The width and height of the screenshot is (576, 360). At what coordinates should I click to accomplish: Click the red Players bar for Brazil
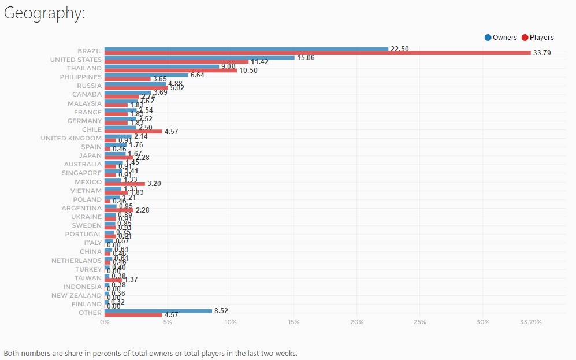coord(317,53)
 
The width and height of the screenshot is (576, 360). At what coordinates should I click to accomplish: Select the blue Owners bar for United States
coord(199,58)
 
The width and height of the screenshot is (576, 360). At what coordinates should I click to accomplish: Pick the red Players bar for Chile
coord(133,132)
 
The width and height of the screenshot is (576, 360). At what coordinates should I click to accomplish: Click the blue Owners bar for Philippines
coord(146,75)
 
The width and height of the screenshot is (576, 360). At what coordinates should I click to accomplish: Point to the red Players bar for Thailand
coord(170,70)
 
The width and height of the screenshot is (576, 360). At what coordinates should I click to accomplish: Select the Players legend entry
coord(537,38)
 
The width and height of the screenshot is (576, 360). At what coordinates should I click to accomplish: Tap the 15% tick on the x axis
coord(293,322)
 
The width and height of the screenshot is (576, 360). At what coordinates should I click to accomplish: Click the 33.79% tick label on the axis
coord(530,322)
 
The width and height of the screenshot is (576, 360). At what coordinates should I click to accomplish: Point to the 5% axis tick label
coord(168,322)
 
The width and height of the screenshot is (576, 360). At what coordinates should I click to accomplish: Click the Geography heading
coord(44,13)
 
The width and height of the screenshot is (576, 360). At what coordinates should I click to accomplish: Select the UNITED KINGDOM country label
coord(71,138)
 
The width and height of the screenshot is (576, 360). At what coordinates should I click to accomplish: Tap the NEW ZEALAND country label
coord(76,295)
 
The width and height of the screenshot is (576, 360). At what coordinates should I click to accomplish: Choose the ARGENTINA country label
coord(81,208)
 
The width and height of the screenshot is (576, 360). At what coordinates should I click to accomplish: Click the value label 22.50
coord(399,49)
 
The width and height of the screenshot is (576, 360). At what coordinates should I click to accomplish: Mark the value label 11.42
coord(259,62)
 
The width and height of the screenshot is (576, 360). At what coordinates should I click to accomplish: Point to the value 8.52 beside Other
coord(222,310)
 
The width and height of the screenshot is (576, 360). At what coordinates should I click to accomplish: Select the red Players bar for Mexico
coord(124,184)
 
